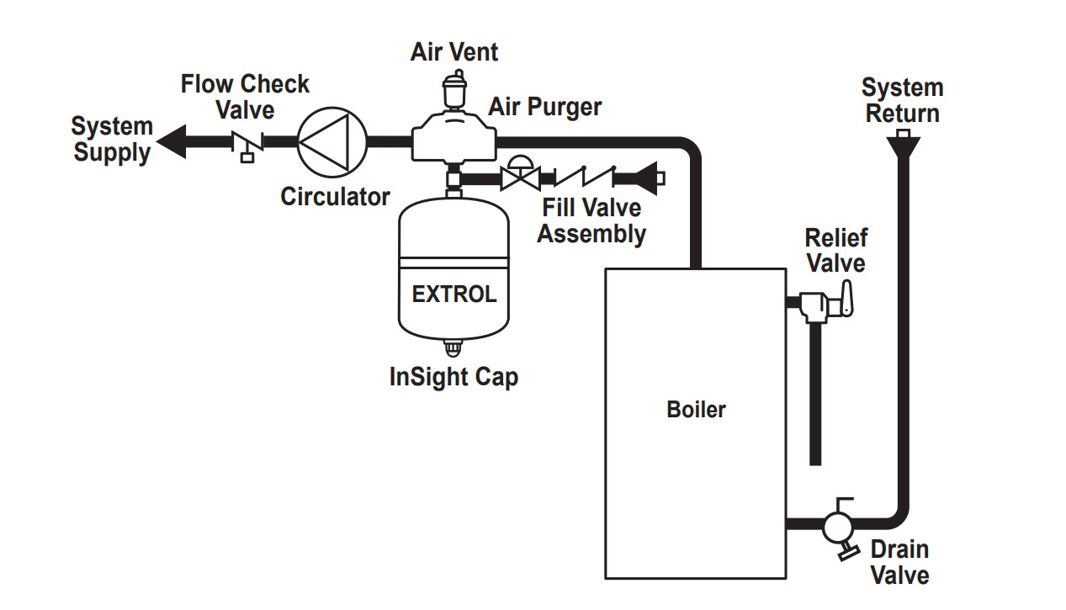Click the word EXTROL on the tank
[454, 294]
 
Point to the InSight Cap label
[453, 377]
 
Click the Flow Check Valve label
[246, 97]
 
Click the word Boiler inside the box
[696, 410]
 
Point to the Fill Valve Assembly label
[591, 220]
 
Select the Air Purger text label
[545, 108]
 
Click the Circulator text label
[335, 197]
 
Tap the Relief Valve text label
[835, 251]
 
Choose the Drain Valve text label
[899, 562]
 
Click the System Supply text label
[112, 140]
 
